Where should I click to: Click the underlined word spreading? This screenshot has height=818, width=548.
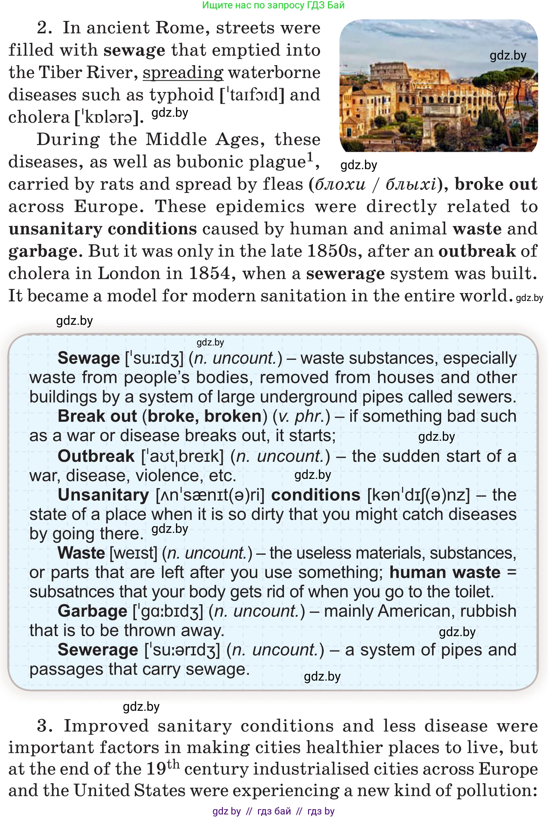coord(183,73)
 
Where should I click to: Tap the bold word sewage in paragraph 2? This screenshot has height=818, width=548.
coord(134,50)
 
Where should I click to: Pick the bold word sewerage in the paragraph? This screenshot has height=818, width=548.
coord(345,274)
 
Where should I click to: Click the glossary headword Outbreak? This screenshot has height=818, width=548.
coord(96,456)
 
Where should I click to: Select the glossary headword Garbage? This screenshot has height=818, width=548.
coord(92,611)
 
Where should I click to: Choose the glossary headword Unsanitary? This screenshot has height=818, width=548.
coord(103,495)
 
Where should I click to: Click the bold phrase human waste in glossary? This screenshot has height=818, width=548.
coord(445,573)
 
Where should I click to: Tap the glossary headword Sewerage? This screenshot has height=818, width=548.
coord(98,650)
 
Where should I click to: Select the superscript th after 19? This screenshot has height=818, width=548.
coord(173,764)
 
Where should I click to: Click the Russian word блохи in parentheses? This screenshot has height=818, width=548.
coord(340,185)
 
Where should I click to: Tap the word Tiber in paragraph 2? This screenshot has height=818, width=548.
coord(60,73)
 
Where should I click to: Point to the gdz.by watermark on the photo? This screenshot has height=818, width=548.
coord(508,56)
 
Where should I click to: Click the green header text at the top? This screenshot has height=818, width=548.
coord(273,5)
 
